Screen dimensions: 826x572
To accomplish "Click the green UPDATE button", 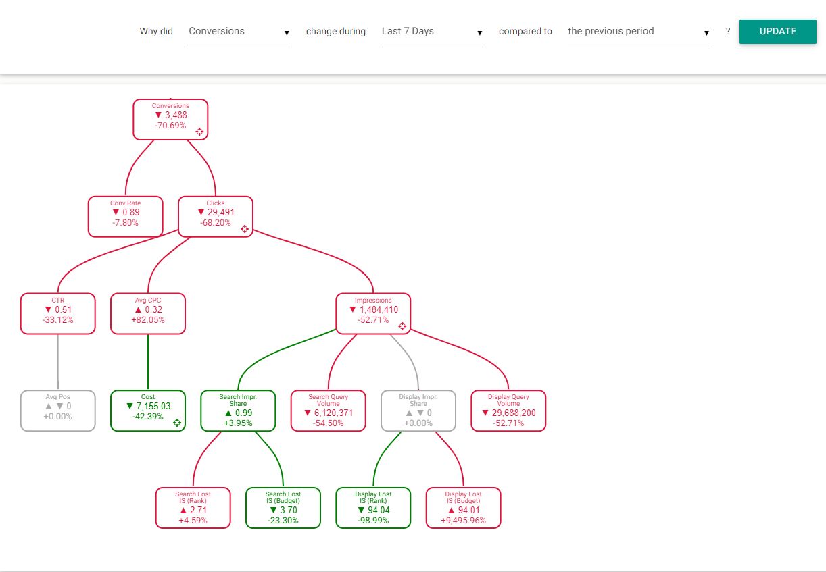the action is pyautogui.click(x=777, y=31).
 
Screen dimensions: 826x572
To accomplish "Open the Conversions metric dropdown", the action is pyautogui.click(x=239, y=32).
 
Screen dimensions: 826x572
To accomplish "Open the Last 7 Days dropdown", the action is pyautogui.click(x=432, y=32).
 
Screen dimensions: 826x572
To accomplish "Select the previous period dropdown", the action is pyautogui.click(x=638, y=32).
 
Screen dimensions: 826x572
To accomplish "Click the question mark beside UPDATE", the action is pyautogui.click(x=727, y=31).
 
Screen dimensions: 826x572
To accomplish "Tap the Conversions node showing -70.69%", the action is pyautogui.click(x=170, y=120).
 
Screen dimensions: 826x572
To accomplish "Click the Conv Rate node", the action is pyautogui.click(x=125, y=217).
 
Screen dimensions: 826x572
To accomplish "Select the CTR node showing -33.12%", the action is pyautogui.click(x=58, y=314).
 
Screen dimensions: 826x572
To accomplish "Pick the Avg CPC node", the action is pyautogui.click(x=148, y=314).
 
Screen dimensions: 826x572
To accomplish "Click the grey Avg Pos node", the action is pyautogui.click(x=58, y=411).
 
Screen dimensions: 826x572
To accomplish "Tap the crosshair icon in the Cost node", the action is pyautogui.click(x=177, y=423).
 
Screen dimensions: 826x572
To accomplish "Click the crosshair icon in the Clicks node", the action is pyautogui.click(x=245, y=229).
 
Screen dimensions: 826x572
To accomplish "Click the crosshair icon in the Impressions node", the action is pyautogui.click(x=402, y=326).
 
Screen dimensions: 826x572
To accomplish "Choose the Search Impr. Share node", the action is pyautogui.click(x=238, y=411).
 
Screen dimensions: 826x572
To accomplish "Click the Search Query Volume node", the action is pyautogui.click(x=329, y=411).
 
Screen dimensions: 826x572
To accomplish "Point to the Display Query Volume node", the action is pyautogui.click(x=508, y=411).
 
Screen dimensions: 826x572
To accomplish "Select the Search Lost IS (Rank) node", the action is pyautogui.click(x=193, y=508).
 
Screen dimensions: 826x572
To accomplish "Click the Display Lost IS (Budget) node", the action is pyautogui.click(x=463, y=508).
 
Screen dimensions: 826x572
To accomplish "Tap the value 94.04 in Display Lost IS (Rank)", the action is pyautogui.click(x=379, y=510).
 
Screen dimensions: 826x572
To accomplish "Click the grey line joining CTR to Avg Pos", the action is pyautogui.click(x=58, y=362).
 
